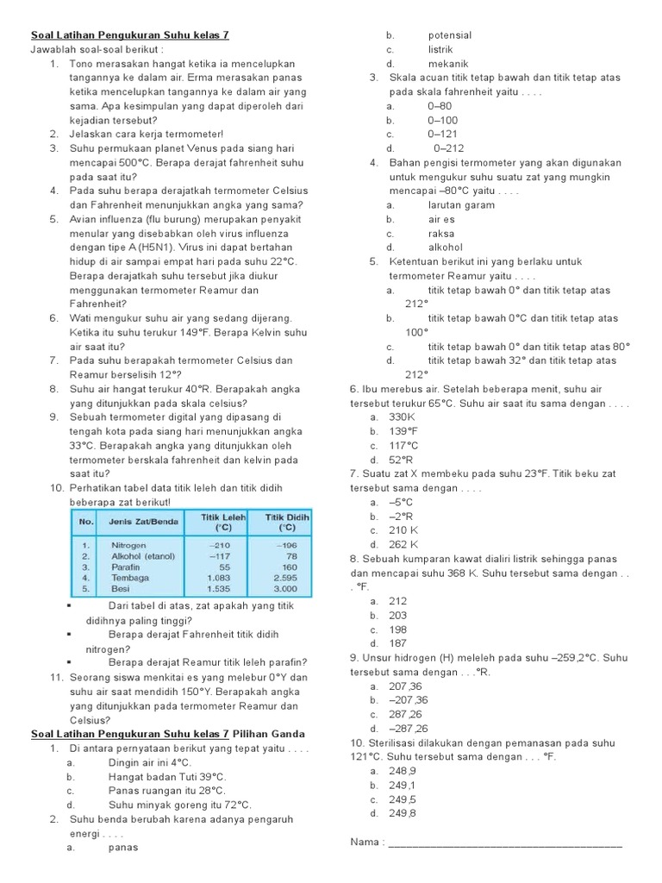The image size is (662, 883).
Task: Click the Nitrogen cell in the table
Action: (x=128, y=546)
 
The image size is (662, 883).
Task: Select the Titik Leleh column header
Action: (x=223, y=523)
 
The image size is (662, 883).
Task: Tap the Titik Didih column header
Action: (x=286, y=523)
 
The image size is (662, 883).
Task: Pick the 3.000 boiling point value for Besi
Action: (x=284, y=589)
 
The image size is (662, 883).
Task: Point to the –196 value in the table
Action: (x=287, y=546)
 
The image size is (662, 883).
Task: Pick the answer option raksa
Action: (x=440, y=234)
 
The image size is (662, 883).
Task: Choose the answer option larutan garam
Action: (x=461, y=205)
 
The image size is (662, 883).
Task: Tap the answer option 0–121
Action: (x=442, y=135)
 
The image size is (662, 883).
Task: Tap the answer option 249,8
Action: (x=403, y=813)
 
